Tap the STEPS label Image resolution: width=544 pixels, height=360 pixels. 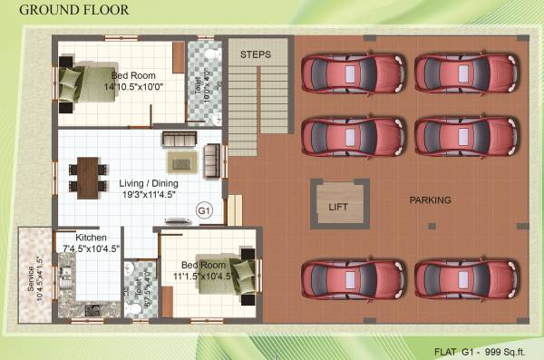pos(256,54)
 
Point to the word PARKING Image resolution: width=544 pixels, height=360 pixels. pos(430,199)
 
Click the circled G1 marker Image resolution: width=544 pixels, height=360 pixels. pos(204,210)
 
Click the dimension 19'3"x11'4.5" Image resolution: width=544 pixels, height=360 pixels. pos(147,194)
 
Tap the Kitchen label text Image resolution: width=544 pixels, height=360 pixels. pos(92,238)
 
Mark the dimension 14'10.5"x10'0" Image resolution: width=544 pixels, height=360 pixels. pos(133,87)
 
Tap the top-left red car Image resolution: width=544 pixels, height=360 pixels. pos(355,72)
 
